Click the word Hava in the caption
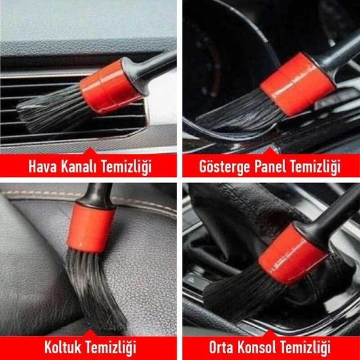[42, 166]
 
